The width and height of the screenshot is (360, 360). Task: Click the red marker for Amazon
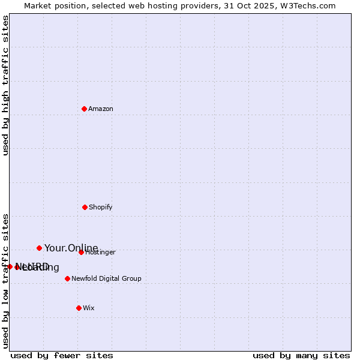pos(84,109)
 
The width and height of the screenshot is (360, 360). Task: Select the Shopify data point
pos(85,207)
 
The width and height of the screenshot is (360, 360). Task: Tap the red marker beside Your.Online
pos(39,248)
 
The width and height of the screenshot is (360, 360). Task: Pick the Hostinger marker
pos(81,252)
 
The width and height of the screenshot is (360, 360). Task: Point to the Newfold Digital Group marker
pos(67,278)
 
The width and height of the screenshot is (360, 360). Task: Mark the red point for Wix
pos(79,308)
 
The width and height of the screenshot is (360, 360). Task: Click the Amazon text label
pos(101,109)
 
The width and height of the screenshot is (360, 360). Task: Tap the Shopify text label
pos(101,207)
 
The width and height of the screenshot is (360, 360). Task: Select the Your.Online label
pos(71,248)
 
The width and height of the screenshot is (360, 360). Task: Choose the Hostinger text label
pos(100,253)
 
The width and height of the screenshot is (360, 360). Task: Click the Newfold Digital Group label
pos(106,278)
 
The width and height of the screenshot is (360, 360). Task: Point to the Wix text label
pos(89,308)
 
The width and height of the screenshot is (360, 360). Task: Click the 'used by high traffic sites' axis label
pos(5,85)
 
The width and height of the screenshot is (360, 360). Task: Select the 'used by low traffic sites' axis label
pos(5,281)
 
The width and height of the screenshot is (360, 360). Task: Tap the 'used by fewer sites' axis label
pos(62,355)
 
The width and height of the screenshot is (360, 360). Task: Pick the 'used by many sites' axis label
pos(301,355)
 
